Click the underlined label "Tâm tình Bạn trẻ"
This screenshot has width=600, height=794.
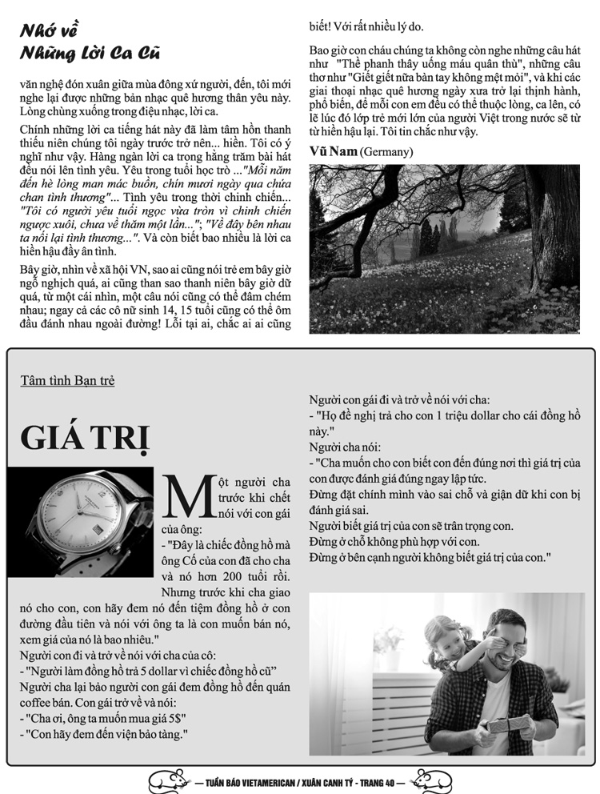pyautogui.click(x=67, y=380)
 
